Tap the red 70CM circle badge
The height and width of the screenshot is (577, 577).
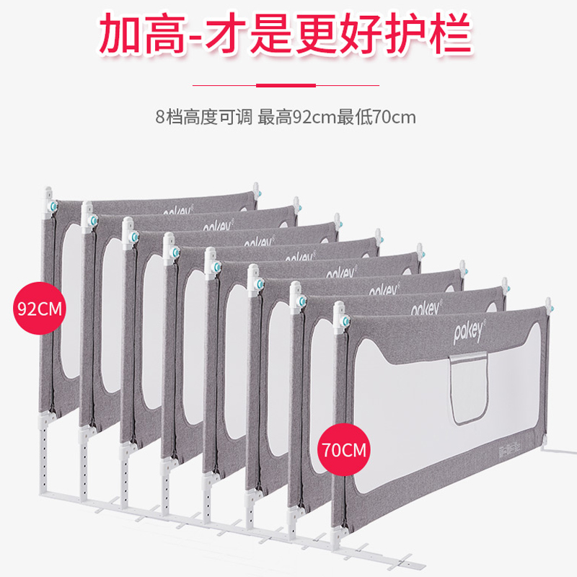(343, 452)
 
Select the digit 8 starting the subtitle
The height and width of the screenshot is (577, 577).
(159, 117)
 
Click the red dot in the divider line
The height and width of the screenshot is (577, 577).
(288, 85)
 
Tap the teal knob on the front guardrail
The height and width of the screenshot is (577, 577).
(344, 319)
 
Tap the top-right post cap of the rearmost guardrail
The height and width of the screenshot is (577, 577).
(256, 190)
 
